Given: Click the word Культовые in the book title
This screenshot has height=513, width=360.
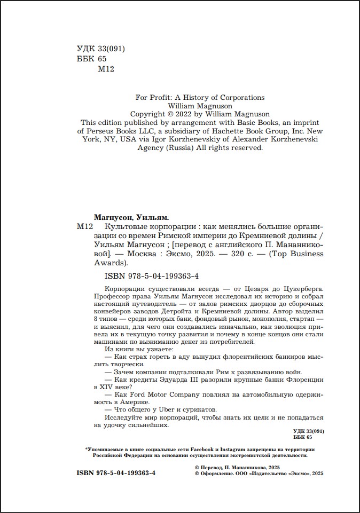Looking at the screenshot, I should pyautogui.click(x=112, y=227).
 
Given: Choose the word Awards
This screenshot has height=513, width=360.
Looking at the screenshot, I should pyautogui.click(x=111, y=263).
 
